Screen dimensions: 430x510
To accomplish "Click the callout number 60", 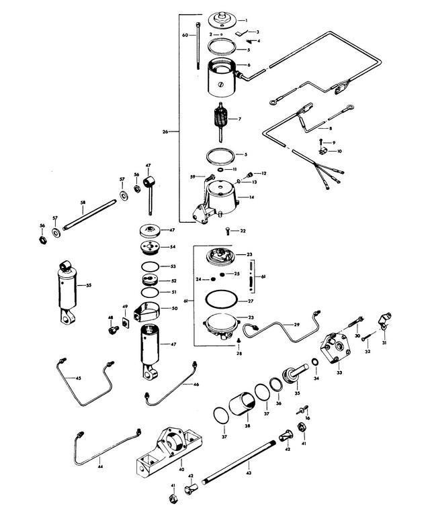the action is [185, 35].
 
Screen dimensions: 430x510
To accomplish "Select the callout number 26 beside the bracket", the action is [165, 132].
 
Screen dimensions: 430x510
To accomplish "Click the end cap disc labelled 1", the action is [222, 20].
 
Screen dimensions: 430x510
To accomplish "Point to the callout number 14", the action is [251, 197].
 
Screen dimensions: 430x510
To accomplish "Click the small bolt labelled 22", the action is [228, 232].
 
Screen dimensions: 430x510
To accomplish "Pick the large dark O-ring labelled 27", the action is [222, 298].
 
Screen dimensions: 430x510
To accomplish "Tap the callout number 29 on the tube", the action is [296, 325].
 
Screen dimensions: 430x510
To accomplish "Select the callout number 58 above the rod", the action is [83, 203].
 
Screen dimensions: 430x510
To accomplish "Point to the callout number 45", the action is [78, 378].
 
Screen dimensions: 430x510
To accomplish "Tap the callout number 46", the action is [196, 385].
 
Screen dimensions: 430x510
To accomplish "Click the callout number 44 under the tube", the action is [100, 466].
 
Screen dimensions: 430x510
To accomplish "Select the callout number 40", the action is [181, 469].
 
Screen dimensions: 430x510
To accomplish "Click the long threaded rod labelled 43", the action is [239, 462].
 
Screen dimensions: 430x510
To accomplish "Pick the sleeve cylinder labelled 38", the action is [242, 403].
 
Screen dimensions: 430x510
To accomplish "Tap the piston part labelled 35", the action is [295, 374].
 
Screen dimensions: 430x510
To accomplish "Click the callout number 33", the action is [339, 372].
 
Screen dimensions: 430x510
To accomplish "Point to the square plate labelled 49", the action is [125, 323].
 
